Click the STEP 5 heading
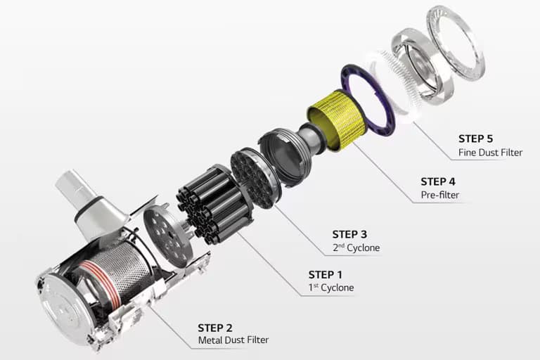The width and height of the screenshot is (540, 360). [480, 139]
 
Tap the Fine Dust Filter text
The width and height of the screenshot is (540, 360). [490, 152]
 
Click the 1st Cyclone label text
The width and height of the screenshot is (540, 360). [331, 288]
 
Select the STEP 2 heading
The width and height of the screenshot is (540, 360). [219, 328]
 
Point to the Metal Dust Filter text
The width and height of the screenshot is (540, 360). [233, 341]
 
